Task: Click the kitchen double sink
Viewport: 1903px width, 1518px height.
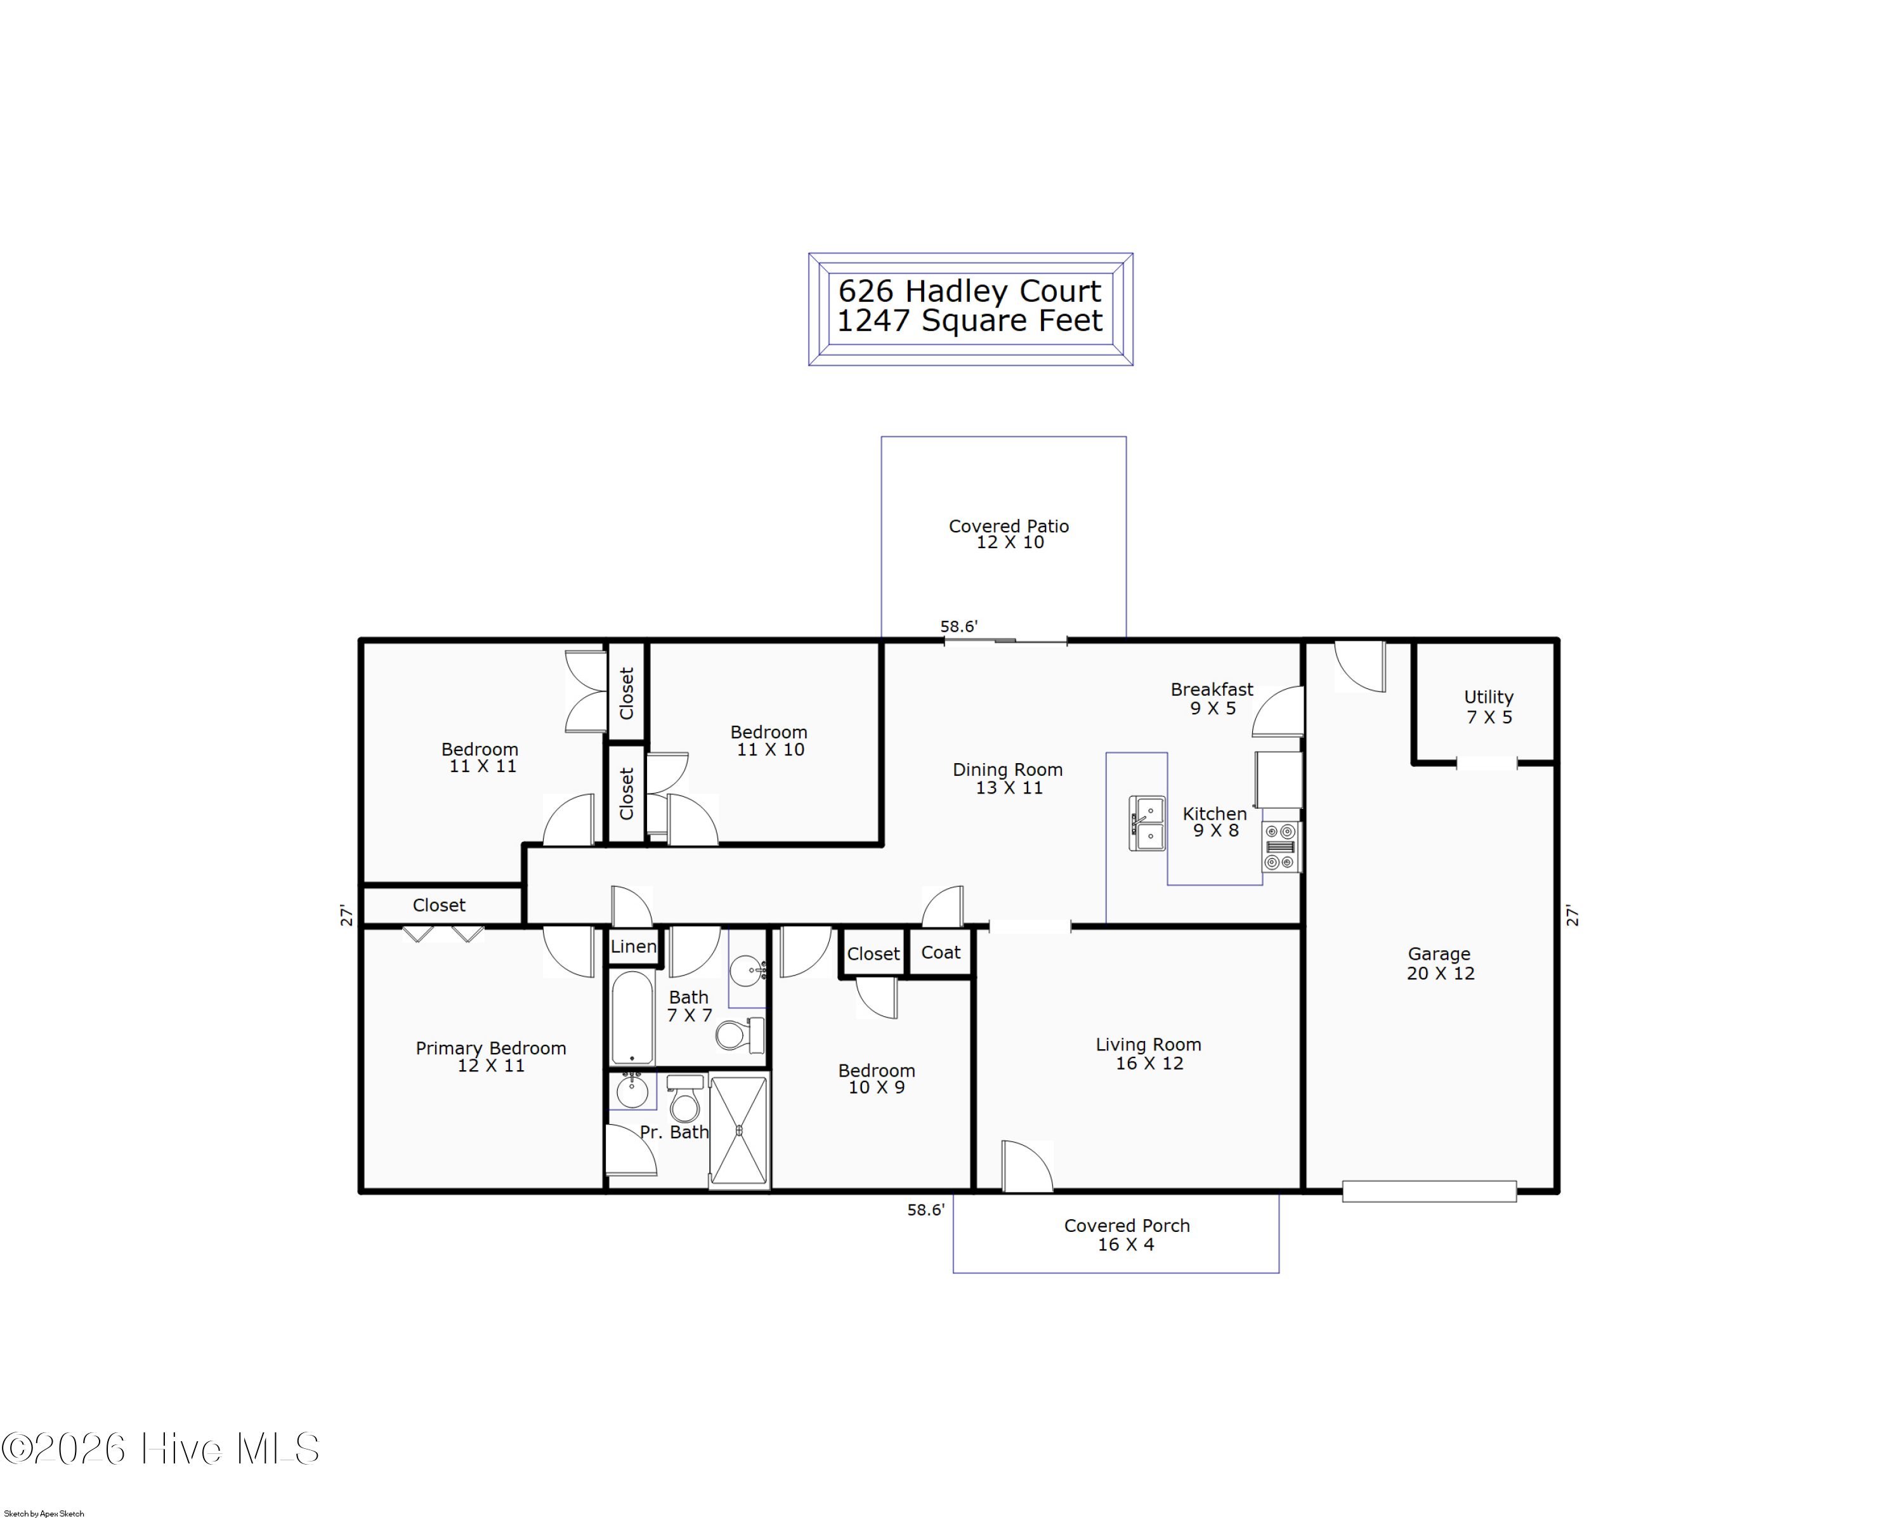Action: point(1147,823)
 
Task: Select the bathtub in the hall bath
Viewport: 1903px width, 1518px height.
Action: point(632,1017)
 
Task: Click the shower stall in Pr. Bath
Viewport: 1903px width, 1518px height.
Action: point(739,1130)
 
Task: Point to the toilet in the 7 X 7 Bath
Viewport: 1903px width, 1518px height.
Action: point(740,1035)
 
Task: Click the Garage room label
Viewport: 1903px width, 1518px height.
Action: point(1439,963)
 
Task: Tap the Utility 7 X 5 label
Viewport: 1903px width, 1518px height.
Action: point(1489,707)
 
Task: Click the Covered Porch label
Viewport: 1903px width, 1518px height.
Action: point(1127,1234)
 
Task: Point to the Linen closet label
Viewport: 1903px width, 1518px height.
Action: point(634,946)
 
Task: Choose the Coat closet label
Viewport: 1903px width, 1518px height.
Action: point(941,952)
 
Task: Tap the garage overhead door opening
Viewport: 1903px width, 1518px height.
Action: point(1429,1191)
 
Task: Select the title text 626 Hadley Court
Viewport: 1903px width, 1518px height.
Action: point(969,291)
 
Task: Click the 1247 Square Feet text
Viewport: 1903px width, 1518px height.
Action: point(969,320)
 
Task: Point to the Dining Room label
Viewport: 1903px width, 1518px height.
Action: point(1008,778)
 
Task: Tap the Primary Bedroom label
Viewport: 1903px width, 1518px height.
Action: point(491,1056)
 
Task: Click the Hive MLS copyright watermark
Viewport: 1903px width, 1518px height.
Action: point(160,1449)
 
